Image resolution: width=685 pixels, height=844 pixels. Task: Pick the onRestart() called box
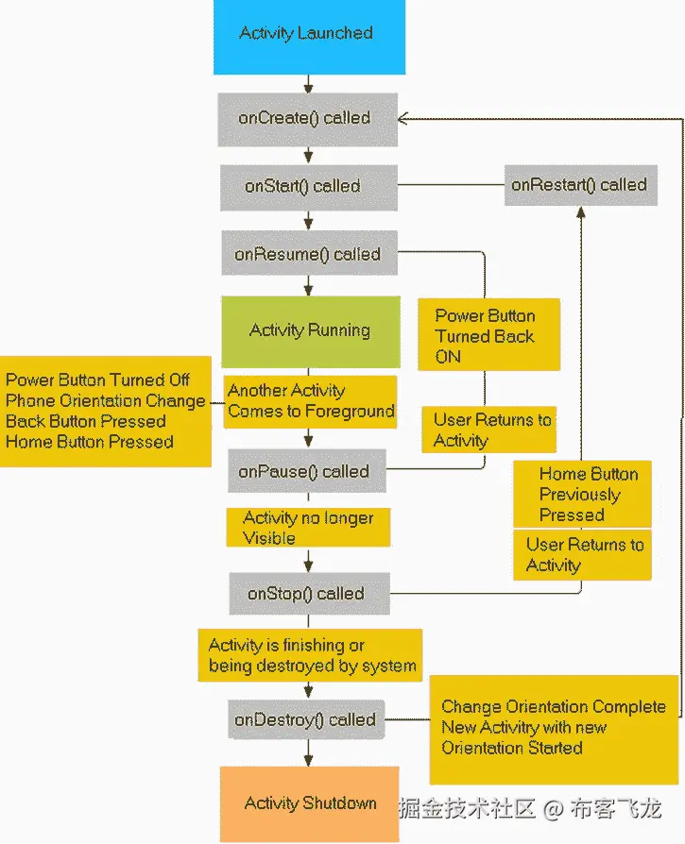[580, 185]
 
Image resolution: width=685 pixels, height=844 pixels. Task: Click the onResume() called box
[308, 254]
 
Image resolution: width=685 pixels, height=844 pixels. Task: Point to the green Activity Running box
[310, 330]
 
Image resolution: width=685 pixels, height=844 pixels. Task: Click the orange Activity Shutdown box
[310, 803]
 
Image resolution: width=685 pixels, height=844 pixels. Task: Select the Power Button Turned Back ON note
[488, 335]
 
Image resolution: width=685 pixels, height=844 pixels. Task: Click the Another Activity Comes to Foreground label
[310, 401]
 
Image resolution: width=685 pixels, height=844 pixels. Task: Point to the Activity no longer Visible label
[308, 528]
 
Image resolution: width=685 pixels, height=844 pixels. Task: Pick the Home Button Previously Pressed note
[582, 494]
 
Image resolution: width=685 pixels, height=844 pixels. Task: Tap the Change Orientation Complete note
[554, 727]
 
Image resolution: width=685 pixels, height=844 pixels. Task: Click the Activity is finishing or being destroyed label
[312, 655]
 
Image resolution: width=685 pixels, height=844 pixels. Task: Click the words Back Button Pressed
[86, 421]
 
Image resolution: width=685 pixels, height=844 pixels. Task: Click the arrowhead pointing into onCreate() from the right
[402, 118]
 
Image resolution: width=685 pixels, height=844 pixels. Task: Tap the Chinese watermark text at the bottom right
[530, 808]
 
